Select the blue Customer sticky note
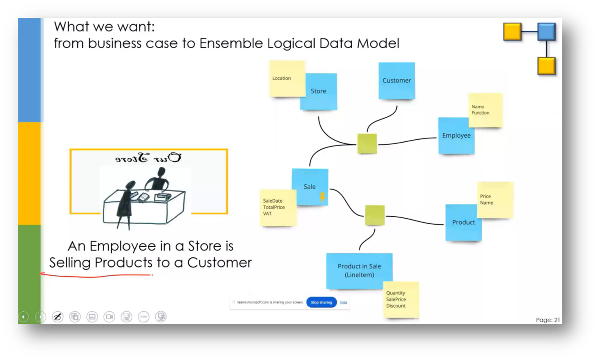(397, 81)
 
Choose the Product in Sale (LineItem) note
(359, 270)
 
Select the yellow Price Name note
(495, 200)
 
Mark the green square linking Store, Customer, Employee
(367, 144)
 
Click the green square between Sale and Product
(375, 215)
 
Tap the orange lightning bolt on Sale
(323, 197)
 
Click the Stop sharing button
(321, 302)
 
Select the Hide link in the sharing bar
(344, 302)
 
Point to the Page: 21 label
(548, 320)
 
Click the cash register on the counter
(163, 197)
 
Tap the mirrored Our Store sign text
(148, 158)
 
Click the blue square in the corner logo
(547, 32)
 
